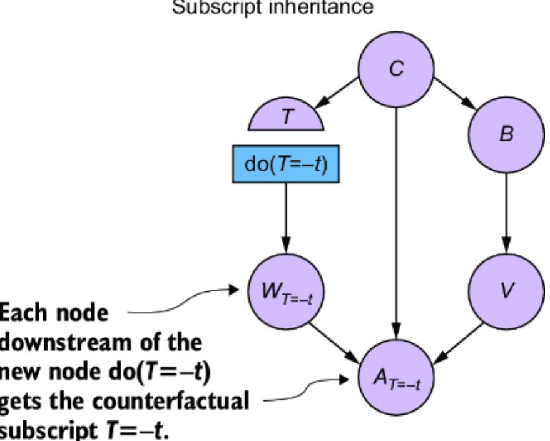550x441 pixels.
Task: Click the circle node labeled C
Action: click(396, 68)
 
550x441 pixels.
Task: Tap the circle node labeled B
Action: click(506, 134)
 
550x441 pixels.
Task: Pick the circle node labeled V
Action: click(506, 291)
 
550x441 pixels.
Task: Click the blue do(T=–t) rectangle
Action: click(286, 165)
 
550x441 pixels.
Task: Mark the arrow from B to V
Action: click(506, 212)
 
